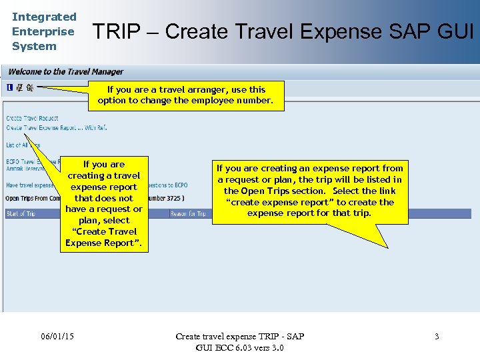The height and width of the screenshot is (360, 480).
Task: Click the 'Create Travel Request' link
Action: tap(32, 118)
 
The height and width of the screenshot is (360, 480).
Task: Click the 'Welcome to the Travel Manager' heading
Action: tap(65, 72)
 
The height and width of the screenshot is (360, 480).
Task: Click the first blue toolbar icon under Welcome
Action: tap(9, 87)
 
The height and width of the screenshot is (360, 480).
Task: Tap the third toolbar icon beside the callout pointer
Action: tap(30, 87)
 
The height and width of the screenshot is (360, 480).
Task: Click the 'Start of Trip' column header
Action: tap(21, 213)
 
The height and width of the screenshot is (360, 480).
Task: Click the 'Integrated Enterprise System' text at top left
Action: tap(44, 31)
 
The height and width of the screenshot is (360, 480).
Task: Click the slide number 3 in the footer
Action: tap(437, 336)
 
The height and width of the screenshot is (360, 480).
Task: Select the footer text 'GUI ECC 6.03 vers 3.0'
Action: tap(239, 347)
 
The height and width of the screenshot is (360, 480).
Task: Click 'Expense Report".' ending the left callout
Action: tap(103, 243)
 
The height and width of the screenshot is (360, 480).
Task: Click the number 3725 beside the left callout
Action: tap(169, 198)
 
